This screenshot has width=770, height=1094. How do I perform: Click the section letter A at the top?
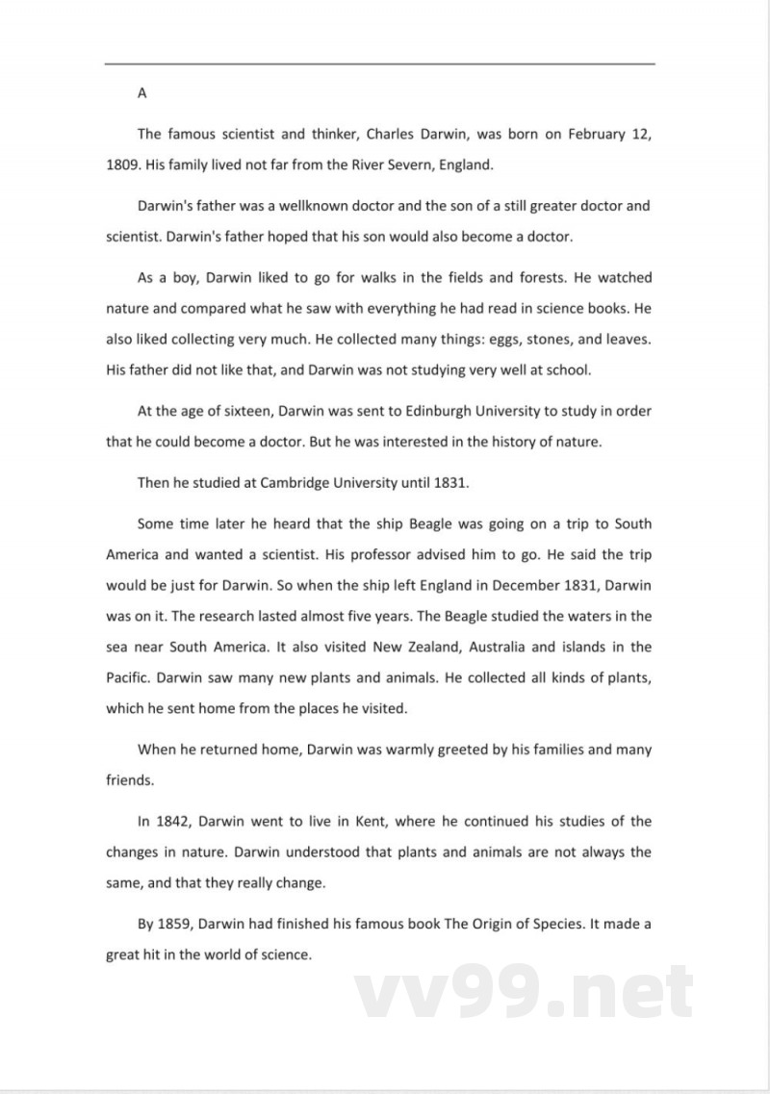141,93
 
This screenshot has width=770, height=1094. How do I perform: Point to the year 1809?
122,165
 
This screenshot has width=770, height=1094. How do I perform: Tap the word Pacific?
128,678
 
